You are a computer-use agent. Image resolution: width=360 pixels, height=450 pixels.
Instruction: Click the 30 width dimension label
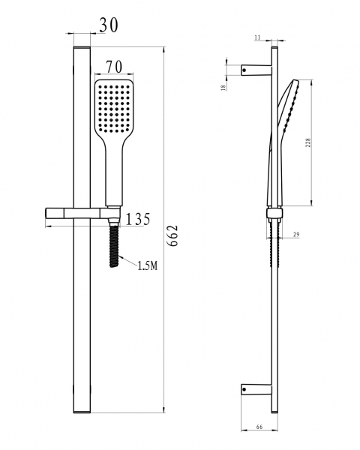click(109, 25)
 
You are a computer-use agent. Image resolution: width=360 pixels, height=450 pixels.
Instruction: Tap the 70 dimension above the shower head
click(115, 67)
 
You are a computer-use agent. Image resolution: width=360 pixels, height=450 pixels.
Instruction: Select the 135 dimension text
click(138, 219)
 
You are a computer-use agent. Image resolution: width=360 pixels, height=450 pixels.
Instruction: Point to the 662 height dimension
click(173, 235)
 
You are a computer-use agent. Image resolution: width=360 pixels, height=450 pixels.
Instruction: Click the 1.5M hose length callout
click(148, 265)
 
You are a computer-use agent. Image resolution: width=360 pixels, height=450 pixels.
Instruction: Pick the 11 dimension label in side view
click(257, 37)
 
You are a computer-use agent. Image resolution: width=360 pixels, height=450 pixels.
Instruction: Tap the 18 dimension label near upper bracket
click(223, 88)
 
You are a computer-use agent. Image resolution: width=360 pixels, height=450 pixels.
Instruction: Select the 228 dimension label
click(308, 143)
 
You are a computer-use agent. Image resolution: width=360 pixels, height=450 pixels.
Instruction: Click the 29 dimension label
click(296, 235)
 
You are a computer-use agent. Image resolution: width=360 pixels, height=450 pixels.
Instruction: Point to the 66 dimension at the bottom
click(259, 427)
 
